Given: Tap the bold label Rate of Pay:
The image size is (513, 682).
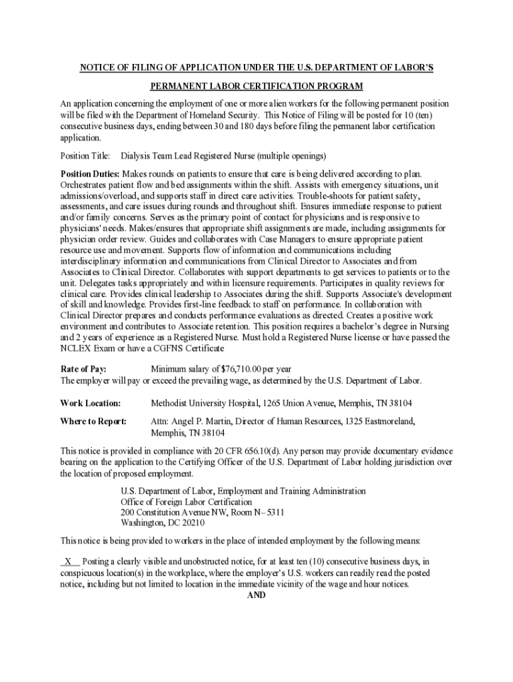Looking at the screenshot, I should coord(83,369).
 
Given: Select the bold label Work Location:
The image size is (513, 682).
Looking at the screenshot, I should coord(91,403).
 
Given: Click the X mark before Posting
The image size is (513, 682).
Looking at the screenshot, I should coord(68,561).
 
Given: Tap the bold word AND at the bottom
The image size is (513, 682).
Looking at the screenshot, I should coord(256,595).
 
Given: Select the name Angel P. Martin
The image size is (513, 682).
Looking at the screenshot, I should coord(201,421).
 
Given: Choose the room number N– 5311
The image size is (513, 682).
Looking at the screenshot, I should coord(266,512).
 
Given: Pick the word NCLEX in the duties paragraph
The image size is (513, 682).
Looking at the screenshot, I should coord(75,348).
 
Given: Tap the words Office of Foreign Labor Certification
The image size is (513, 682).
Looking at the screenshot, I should coord(187,502).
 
